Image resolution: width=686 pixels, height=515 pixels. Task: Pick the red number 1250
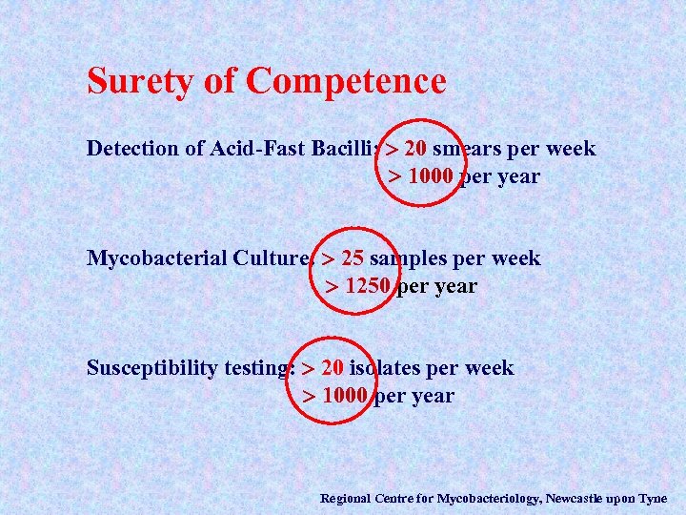click(368, 286)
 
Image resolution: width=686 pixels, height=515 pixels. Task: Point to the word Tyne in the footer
click(652, 498)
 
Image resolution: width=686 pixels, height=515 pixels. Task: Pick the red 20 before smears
click(414, 149)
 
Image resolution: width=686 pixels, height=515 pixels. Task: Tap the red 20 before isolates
click(333, 368)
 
